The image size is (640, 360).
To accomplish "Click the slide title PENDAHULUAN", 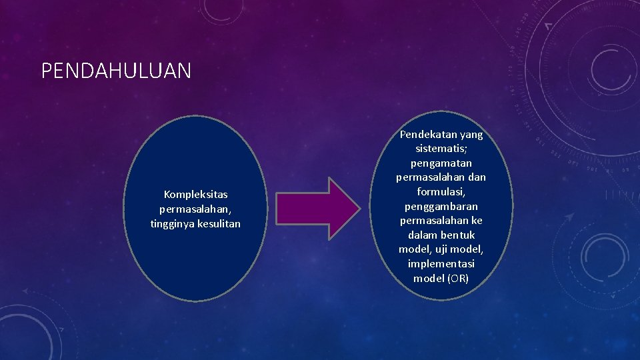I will click(116, 71).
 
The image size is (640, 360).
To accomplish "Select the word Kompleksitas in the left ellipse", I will click(195, 195).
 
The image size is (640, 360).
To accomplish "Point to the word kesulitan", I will click(219, 224).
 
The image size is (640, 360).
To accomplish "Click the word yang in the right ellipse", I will click(470, 135).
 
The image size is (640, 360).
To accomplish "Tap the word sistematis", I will click(441, 149).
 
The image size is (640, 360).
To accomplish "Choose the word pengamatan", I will click(441, 163).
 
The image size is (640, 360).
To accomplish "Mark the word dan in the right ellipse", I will click(477, 178).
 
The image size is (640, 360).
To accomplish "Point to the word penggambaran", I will click(441, 207).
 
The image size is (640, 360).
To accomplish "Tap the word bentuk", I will click(457, 235).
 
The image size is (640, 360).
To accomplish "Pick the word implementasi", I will click(441, 264).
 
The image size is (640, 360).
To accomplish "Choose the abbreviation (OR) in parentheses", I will click(459, 279).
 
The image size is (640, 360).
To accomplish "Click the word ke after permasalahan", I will click(476, 221).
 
